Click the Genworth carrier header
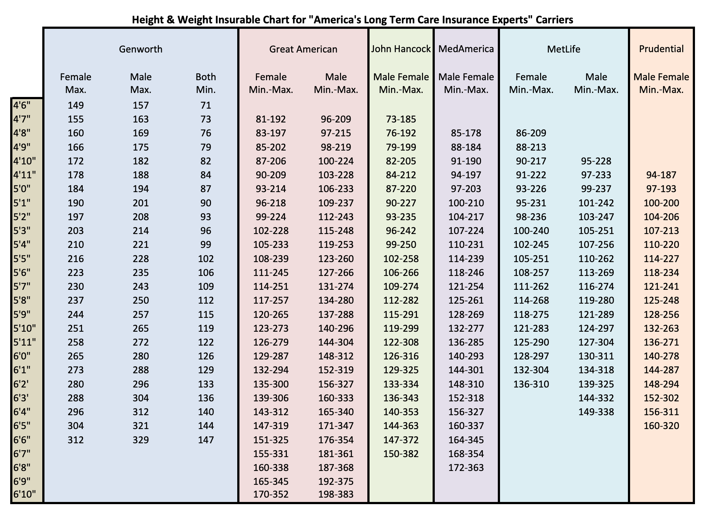141,49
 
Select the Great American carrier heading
303,49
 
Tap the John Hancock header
401,49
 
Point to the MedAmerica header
466,49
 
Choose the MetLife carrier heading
564,49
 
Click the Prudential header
661,49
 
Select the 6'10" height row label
24,494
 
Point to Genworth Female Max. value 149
76,105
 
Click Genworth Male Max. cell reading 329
141,440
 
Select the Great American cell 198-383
336,494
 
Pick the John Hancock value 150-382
401,454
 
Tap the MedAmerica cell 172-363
466,468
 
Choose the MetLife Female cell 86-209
531,133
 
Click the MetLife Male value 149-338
596,412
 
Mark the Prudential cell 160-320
661,426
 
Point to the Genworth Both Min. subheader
206,83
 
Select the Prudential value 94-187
661,175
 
